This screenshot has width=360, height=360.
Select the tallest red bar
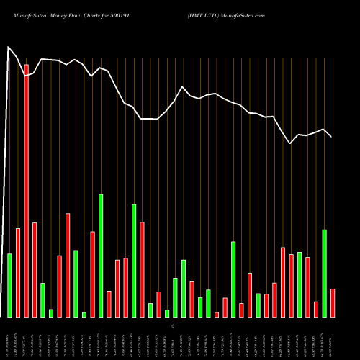tap(27, 191)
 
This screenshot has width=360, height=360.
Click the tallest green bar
tap(101, 256)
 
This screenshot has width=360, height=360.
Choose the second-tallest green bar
tap(134, 261)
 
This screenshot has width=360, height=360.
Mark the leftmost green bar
tap(10, 285)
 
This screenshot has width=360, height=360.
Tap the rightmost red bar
tap(333, 302)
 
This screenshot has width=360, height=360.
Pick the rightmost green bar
tap(324, 273)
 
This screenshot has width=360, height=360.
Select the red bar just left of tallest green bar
tap(93, 274)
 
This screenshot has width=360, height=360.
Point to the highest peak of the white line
tap(8, 48)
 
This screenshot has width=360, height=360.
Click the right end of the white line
tap(332, 137)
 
